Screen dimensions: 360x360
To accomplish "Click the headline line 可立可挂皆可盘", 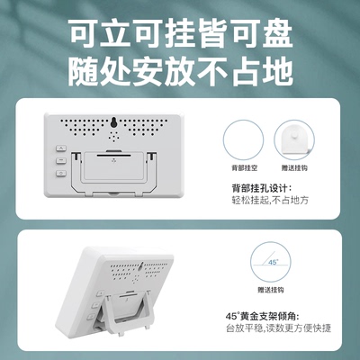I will point(180,33).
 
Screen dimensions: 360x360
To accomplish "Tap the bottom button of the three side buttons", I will point(61,178).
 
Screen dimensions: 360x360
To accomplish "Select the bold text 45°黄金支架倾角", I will point(268,316).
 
